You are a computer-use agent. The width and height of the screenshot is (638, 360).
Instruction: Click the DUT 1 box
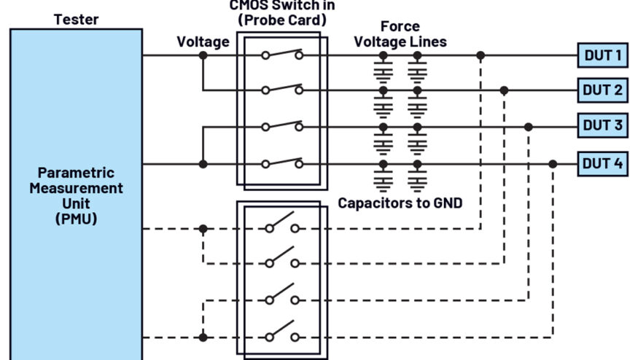tap(603, 55)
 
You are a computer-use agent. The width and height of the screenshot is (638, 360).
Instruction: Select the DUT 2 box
tap(603, 90)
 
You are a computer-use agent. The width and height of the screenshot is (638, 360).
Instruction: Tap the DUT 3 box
tap(603, 126)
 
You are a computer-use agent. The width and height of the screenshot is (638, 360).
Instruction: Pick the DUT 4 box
tap(603, 163)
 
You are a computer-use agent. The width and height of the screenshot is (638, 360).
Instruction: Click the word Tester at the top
tap(77, 19)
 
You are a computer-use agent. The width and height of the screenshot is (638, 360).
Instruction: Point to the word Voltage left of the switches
tap(203, 42)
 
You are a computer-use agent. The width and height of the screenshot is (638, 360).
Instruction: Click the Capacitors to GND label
tap(400, 203)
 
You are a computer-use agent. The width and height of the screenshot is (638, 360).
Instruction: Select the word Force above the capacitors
tap(400, 28)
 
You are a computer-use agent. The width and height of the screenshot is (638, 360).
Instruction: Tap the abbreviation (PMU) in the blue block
tap(76, 218)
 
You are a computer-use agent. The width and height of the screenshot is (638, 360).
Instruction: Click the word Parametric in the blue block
tap(76, 173)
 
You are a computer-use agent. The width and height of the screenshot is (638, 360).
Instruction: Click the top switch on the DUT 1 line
tap(282, 54)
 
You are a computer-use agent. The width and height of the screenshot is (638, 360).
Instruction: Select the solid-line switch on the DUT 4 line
tap(282, 163)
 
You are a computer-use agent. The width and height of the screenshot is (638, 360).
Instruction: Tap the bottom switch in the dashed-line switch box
tap(282, 335)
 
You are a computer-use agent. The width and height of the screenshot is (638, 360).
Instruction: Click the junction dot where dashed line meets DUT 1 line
tap(480, 55)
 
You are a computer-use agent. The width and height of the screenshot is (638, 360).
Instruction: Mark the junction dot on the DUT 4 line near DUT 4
tap(553, 164)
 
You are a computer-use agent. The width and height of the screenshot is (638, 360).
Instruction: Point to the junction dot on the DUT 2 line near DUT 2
tap(504, 90)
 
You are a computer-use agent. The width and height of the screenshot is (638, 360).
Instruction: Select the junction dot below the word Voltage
tap(203, 55)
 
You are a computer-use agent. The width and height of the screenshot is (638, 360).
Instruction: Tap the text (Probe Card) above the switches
tap(282, 20)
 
